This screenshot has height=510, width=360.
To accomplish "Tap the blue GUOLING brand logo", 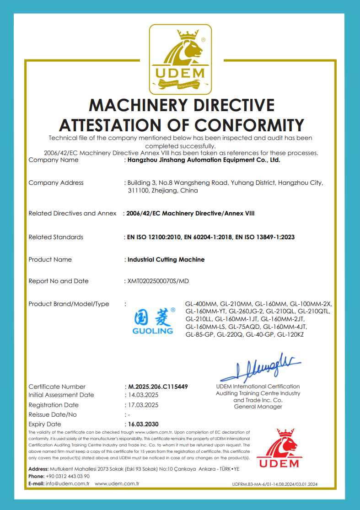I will click(153, 321).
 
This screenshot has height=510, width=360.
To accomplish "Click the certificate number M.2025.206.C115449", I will click(157, 387).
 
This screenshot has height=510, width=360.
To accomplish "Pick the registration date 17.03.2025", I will click(143, 405).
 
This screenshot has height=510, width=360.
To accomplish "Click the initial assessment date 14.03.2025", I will click(143, 395).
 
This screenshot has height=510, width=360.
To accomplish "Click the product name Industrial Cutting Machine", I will click(166, 259).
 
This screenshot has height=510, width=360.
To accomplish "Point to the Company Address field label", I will click(56, 183).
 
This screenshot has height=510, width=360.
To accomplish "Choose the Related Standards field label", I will click(56, 237).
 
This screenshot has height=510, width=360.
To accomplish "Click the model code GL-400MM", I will click(201, 304).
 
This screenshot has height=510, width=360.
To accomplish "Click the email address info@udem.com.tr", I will click(67, 483).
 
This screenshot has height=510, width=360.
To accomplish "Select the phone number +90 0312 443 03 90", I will click(68, 476).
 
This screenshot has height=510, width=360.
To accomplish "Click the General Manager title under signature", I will click(258, 407).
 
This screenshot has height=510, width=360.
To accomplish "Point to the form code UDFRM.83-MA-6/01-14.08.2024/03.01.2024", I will click(274, 484).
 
